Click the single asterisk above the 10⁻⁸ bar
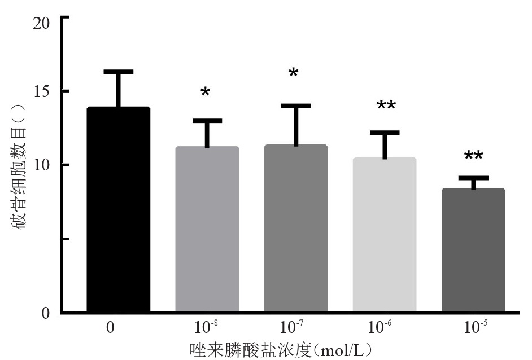(205, 93)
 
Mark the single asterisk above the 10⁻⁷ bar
(294, 74)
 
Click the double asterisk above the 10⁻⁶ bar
(386, 106)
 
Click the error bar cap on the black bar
(118, 72)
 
